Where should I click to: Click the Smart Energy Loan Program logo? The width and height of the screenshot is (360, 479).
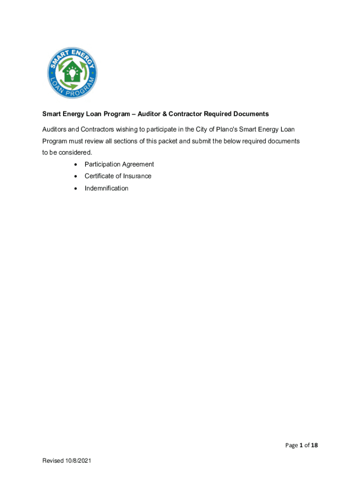coord(72,73)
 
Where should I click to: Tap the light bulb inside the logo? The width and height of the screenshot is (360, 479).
coord(72,73)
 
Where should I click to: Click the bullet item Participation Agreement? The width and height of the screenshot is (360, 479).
coord(119,164)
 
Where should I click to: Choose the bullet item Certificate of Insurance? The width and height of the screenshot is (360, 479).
coord(118,176)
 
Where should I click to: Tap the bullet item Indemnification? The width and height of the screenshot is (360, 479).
coord(106,188)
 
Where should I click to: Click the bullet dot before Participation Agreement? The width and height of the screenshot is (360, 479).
coord(75,165)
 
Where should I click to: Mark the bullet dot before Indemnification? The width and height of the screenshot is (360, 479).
coord(75,189)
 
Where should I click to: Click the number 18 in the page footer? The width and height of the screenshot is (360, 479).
coord(314,445)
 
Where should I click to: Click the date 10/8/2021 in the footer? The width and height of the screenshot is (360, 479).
coord(78,461)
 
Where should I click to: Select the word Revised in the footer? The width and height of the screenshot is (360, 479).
coord(53,461)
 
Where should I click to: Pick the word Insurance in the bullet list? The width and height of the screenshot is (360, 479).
coord(137,176)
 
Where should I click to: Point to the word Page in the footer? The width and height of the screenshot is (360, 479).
coord(292,445)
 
